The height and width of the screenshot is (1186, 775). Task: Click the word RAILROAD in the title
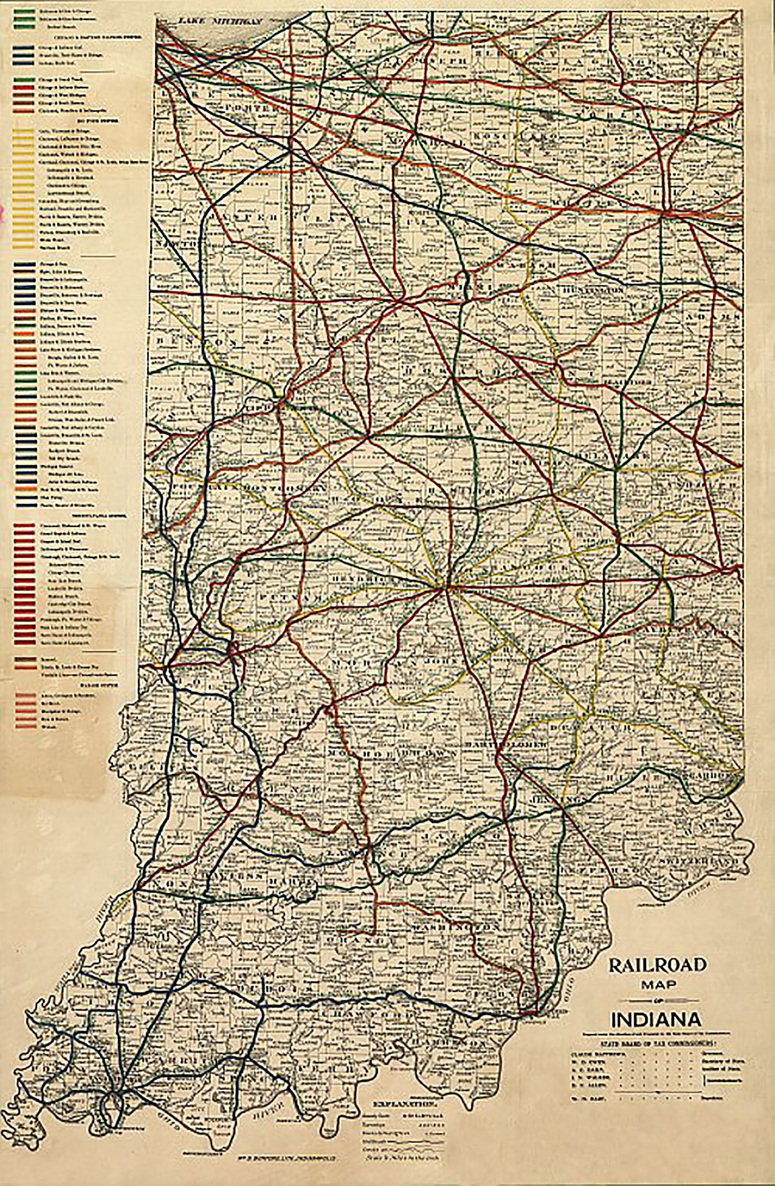click(657, 965)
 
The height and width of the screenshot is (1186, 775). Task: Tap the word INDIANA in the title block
click(657, 1020)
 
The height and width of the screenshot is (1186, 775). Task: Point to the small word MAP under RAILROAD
click(657, 984)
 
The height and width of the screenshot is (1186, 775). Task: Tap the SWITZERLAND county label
click(701, 862)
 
